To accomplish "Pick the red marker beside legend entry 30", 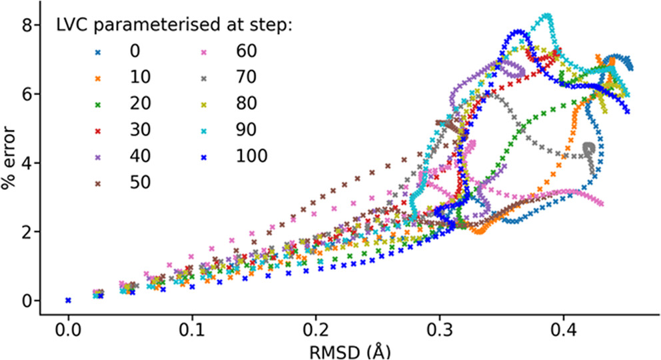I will (x=99, y=129).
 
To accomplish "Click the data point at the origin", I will (x=68, y=301).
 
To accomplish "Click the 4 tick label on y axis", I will (x=28, y=163).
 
